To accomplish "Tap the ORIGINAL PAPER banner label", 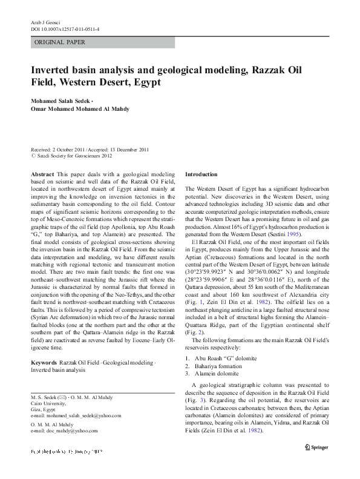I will tap(60, 42).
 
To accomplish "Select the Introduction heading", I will tap(201, 174).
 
